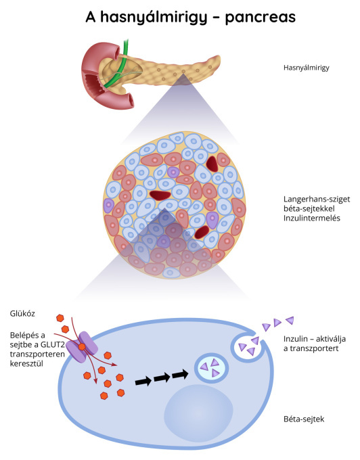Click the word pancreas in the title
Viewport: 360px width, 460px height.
click(261, 18)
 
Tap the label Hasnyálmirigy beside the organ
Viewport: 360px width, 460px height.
click(307, 68)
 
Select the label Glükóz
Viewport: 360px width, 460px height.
click(22, 314)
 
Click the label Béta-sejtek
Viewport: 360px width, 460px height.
click(304, 419)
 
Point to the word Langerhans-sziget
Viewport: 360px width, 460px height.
click(317, 199)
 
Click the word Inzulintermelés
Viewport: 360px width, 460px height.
click(311, 218)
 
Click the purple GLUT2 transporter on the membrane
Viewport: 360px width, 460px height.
click(82, 346)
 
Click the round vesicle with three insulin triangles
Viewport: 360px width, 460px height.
click(212, 368)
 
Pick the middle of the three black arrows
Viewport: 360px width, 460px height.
click(162, 377)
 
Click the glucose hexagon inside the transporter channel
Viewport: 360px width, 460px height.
click(82, 347)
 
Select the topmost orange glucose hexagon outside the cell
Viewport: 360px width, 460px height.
click(60, 318)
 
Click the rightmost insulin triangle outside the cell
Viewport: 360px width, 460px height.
click(290, 320)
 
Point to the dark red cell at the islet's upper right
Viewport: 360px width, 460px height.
click(212, 164)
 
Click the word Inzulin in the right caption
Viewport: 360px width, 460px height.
click(294, 339)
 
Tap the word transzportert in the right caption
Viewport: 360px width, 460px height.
click(314, 348)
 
